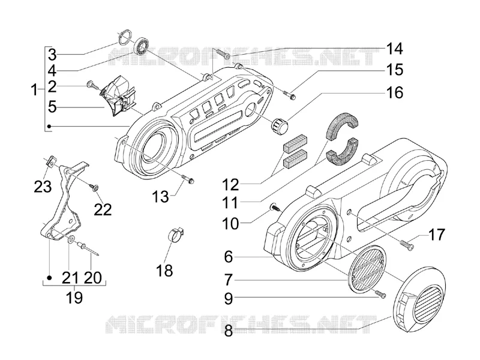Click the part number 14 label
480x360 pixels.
click(x=394, y=49)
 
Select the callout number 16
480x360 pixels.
click(x=394, y=92)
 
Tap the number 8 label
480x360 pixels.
click(x=229, y=331)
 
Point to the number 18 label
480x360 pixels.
click(x=164, y=271)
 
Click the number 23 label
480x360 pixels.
click(x=43, y=187)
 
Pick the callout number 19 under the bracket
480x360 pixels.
click(x=74, y=297)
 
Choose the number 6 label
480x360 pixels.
click(x=229, y=257)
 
